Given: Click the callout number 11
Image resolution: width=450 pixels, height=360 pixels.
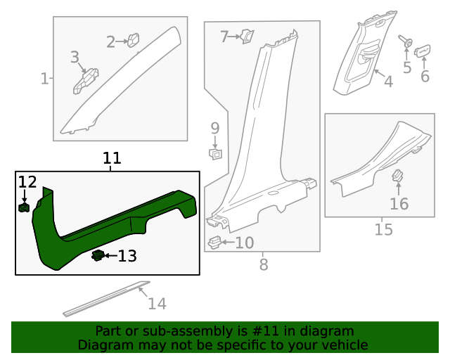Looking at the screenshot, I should [x=112, y=158].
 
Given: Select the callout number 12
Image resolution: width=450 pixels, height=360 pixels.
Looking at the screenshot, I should [x=27, y=182].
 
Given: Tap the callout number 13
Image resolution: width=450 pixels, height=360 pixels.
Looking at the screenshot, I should [x=127, y=256].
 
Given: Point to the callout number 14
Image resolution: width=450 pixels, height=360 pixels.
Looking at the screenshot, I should [x=157, y=304].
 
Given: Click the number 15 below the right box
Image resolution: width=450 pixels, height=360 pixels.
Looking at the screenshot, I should [x=383, y=230].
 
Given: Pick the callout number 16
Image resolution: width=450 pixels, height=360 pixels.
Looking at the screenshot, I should [x=399, y=204].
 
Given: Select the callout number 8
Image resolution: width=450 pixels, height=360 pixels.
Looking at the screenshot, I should [x=264, y=265].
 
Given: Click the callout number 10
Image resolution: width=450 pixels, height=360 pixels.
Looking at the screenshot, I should [x=244, y=243].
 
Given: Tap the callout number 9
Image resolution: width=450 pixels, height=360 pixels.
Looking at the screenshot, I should [x=215, y=128].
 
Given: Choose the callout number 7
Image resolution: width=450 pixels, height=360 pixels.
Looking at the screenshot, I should [x=225, y=36].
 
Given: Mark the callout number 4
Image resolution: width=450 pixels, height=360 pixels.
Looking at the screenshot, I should [x=388, y=82].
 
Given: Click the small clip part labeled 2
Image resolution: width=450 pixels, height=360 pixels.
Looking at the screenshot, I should [x=134, y=41].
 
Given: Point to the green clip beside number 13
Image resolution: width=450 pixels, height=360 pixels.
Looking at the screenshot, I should [x=98, y=255].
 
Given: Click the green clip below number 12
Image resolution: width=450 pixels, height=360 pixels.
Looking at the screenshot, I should [x=25, y=207].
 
